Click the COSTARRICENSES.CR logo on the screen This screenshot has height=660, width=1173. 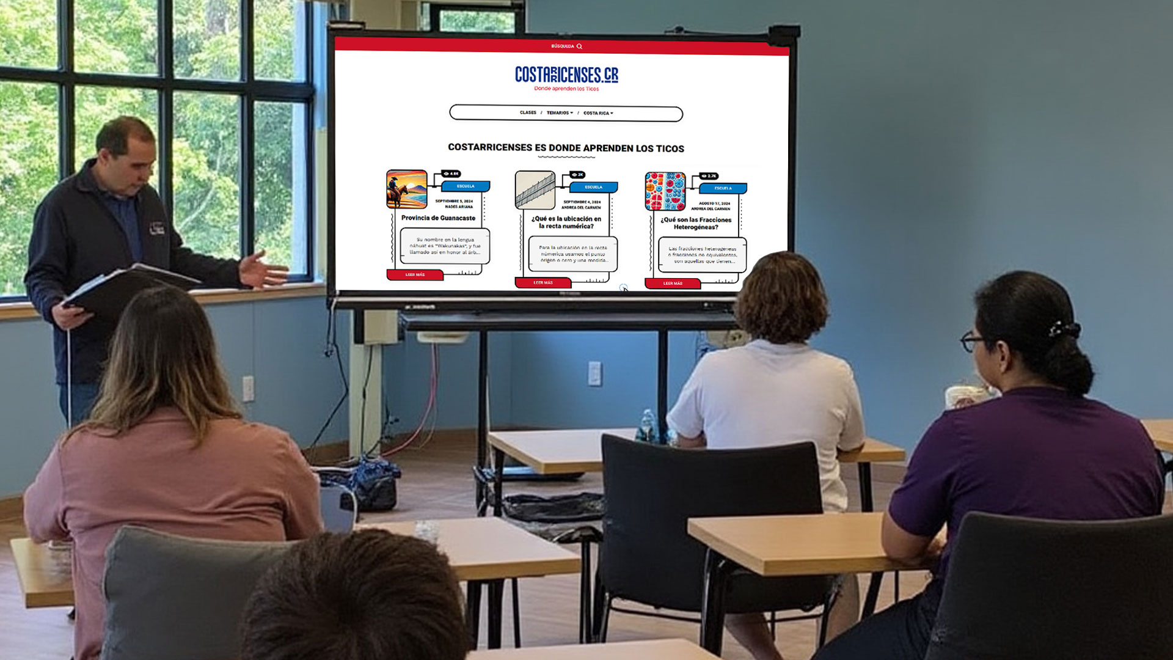tap(566, 75)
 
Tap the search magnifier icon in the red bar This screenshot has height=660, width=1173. tap(579, 46)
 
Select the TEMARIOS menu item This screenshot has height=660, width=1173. tap(559, 113)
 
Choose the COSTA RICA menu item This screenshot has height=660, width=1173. tap(597, 113)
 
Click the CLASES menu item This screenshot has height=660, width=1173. tap(528, 112)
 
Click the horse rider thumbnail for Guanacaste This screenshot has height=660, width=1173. tap(406, 189)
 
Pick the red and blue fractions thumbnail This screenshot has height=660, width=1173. tap(665, 191)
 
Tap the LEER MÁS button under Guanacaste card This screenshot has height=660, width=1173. tap(415, 275)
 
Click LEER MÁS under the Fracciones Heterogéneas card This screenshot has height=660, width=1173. tap(673, 284)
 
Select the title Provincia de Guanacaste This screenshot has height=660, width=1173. tap(438, 218)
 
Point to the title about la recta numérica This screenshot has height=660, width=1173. tap(566, 222)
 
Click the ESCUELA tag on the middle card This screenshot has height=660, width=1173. tap(593, 187)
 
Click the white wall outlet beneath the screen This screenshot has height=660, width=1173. tap(594, 373)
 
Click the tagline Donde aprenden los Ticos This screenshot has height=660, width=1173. tap(566, 89)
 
